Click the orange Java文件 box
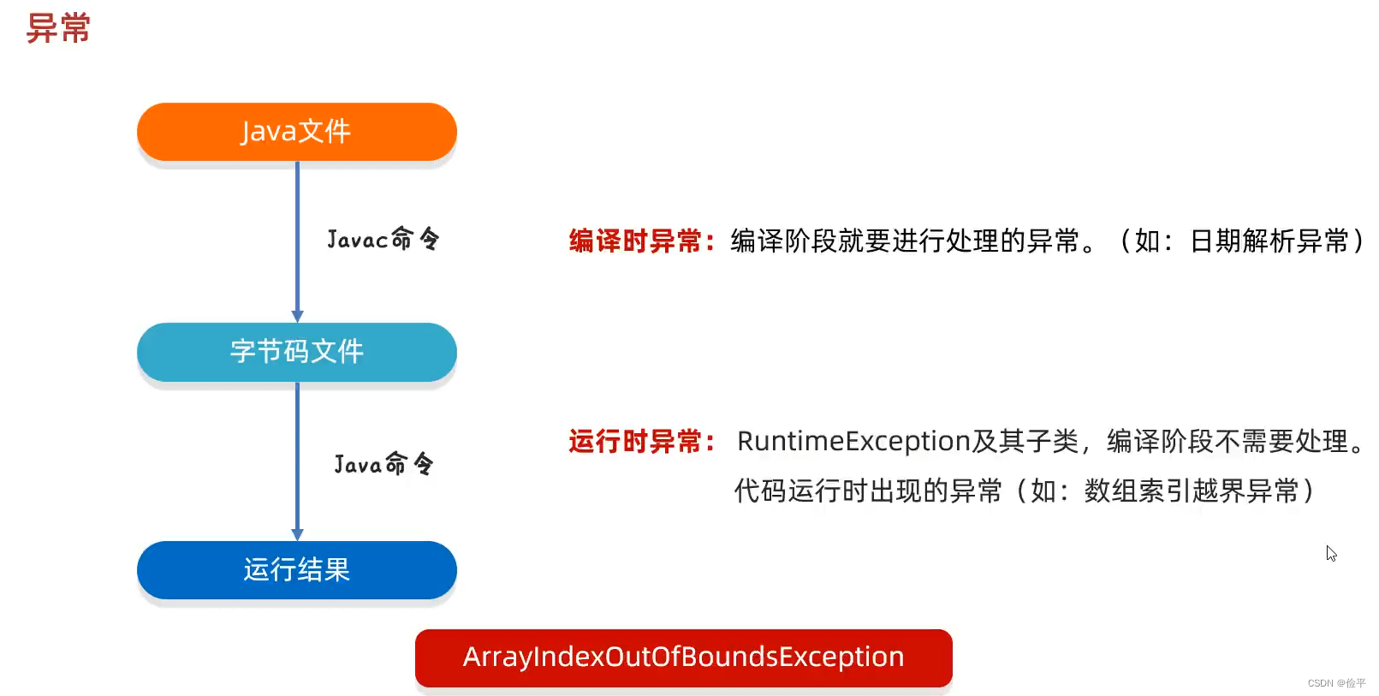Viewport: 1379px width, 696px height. [297, 132]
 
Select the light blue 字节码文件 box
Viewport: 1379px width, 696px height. [297, 352]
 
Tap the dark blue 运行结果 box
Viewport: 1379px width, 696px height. [297, 570]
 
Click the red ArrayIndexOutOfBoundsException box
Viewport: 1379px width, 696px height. [683, 657]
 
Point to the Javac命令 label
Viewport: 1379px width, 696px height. [383, 239]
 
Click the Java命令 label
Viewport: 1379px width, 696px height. [383, 464]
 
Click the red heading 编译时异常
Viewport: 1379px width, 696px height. [635, 241]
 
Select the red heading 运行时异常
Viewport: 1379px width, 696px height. [635, 442]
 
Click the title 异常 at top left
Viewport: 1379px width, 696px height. [58, 28]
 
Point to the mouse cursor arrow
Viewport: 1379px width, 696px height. [1331, 553]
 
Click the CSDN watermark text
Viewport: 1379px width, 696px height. [1336, 683]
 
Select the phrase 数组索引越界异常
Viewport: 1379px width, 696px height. [1191, 491]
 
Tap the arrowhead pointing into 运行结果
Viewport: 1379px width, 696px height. [297, 534]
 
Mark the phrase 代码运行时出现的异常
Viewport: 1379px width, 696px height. [868, 491]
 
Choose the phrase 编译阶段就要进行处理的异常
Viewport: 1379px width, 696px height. [905, 241]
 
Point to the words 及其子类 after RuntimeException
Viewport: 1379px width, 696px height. [1025, 442]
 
